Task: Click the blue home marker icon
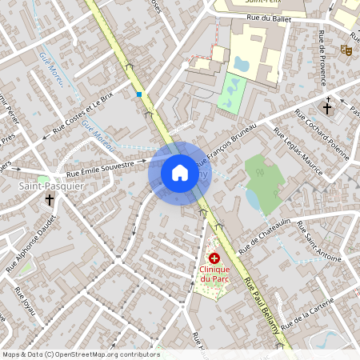180,172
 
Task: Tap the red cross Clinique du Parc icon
214,258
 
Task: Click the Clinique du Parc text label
214,274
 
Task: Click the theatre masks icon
346,50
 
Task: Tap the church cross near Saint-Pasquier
50,199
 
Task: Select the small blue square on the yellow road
139,94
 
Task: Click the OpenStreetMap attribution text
81,354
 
